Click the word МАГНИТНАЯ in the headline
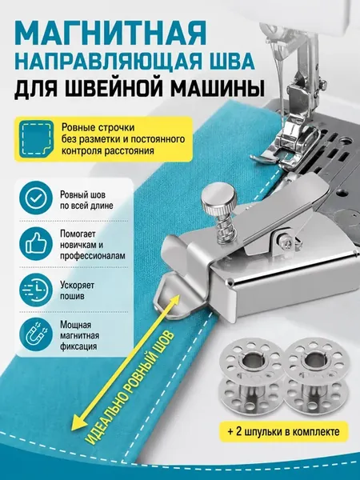pyautogui.click(x=110, y=34)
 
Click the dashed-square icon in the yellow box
pyautogui.click(x=36, y=139)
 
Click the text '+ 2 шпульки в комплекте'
pyautogui.click(x=284, y=432)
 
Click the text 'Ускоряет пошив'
pyautogui.click(x=77, y=290)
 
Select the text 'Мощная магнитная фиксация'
pyautogui.click(x=79, y=335)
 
